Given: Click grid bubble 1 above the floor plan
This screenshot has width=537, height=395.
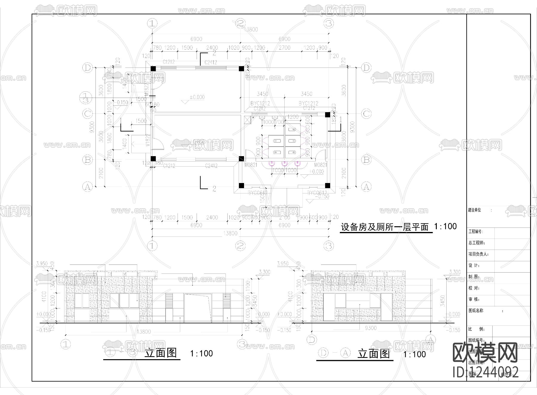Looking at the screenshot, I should [152, 23].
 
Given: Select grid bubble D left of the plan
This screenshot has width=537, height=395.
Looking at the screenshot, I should [87, 68].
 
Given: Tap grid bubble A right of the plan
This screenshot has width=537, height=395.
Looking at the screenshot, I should [366, 187].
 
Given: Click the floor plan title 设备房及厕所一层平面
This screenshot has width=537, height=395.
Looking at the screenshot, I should [385, 227].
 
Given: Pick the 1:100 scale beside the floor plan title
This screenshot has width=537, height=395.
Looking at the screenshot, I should [445, 226].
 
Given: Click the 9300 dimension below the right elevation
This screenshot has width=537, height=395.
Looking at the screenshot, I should [371, 328].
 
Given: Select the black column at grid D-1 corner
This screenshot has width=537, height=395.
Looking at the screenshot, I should [153, 68].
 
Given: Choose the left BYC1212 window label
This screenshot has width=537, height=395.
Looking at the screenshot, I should [260, 103].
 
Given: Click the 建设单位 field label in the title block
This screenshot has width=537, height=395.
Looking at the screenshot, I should [474, 210].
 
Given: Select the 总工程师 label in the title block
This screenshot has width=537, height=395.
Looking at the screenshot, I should [477, 243].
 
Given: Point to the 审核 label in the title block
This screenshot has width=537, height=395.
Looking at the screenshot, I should [474, 299].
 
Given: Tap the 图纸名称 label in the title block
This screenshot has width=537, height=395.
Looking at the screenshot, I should [476, 311].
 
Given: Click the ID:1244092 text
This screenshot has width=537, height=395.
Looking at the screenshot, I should [486, 372].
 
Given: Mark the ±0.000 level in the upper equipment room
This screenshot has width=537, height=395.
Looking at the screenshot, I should [197, 97].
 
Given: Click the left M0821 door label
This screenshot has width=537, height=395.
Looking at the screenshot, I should [251, 165].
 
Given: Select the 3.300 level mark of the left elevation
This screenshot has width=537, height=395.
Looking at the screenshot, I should [264, 272].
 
